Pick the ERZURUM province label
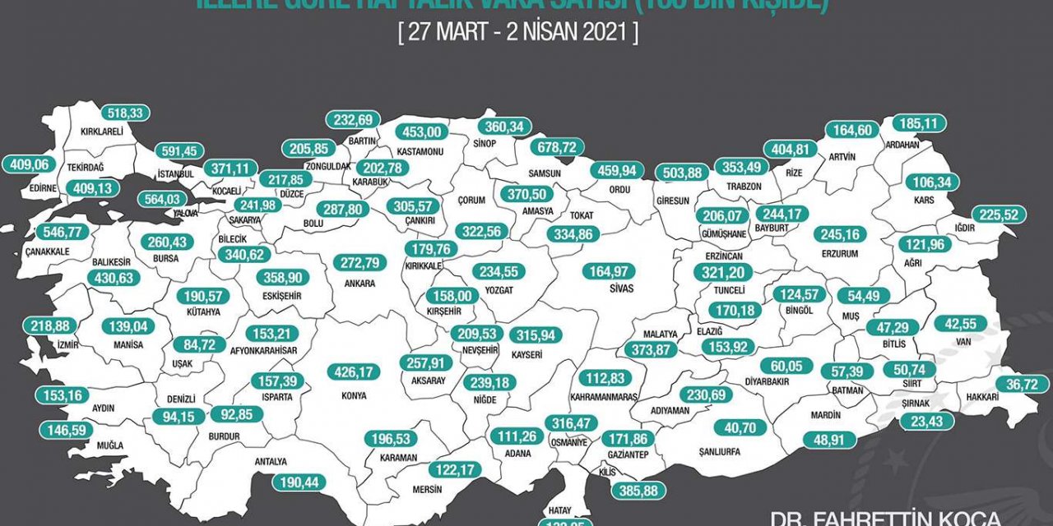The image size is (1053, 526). tap(839, 255)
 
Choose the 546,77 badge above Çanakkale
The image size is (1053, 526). tap(58, 233)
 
